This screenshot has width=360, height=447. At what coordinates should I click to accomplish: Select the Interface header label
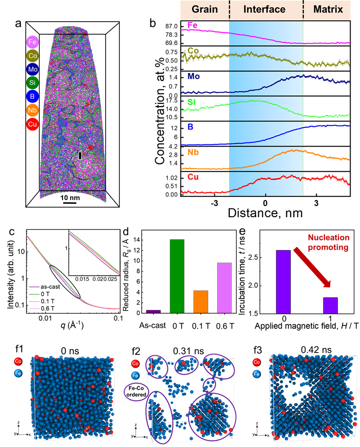[x=264, y=9]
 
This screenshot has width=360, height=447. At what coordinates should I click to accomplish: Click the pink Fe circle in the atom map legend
[x=32, y=43]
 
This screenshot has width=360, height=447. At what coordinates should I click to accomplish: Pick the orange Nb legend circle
[x=32, y=110]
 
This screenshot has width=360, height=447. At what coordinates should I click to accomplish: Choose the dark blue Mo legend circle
[x=32, y=70]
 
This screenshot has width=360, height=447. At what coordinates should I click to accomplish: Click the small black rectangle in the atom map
[x=80, y=155]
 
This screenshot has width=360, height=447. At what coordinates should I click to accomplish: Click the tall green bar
[x=177, y=276]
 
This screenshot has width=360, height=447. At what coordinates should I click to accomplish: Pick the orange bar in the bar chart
[x=201, y=301]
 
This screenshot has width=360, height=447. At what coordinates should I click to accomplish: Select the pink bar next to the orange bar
[x=224, y=287]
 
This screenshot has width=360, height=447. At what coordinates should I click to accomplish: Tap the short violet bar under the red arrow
[x=330, y=305]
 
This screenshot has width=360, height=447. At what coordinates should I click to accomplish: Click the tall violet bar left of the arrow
[x=283, y=282]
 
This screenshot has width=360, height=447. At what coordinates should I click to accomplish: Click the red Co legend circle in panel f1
[x=18, y=361]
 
